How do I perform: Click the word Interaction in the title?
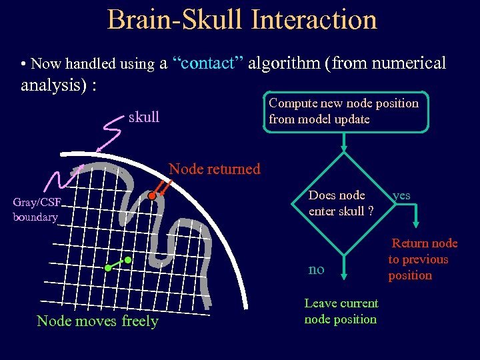[314, 19]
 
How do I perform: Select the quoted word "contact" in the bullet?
[210, 63]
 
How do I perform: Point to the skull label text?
[143, 117]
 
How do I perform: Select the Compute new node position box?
[343, 111]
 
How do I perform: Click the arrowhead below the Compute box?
[343, 149]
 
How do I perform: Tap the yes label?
[401, 195]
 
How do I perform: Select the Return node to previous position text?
[420, 259]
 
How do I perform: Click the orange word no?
[316, 269]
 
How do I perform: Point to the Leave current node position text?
[341, 311]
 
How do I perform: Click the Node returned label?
[215, 169]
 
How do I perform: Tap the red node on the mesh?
[152, 197]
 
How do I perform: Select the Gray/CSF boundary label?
[36, 209]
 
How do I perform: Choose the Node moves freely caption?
[97, 321]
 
